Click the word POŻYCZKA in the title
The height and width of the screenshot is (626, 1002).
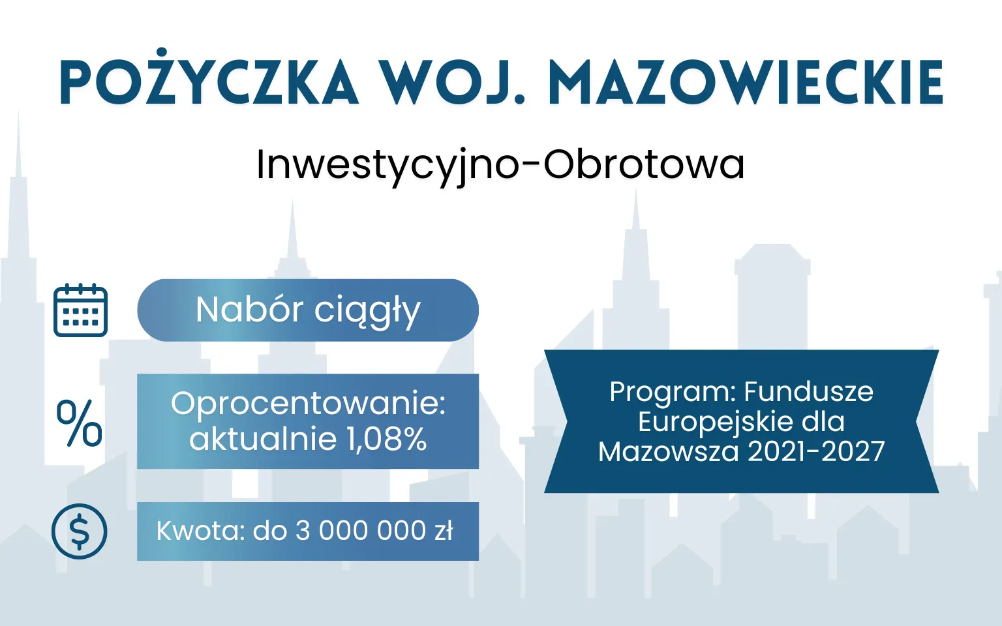point(209,83)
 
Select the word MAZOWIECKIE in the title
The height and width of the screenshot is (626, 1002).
point(746,83)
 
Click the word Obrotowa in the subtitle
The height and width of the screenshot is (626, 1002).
point(644,164)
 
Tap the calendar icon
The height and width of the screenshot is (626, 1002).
point(80,310)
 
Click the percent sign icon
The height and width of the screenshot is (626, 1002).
point(79,423)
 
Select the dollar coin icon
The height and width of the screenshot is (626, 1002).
point(79,531)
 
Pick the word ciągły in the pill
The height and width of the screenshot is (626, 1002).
point(367,312)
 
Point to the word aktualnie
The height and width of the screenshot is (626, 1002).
point(263,439)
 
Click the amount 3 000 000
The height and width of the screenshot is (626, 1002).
point(361,531)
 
